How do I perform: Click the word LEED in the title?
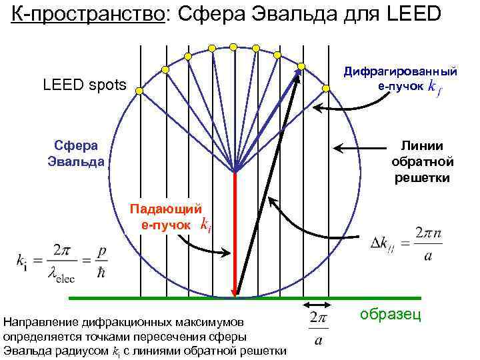tap(412, 13)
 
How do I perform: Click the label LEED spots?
tap(83, 85)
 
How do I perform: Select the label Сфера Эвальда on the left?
tap(75, 153)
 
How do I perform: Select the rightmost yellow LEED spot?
tap(326, 88)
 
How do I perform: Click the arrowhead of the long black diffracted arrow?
tap(298, 75)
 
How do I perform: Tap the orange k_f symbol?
tap(434, 87)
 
